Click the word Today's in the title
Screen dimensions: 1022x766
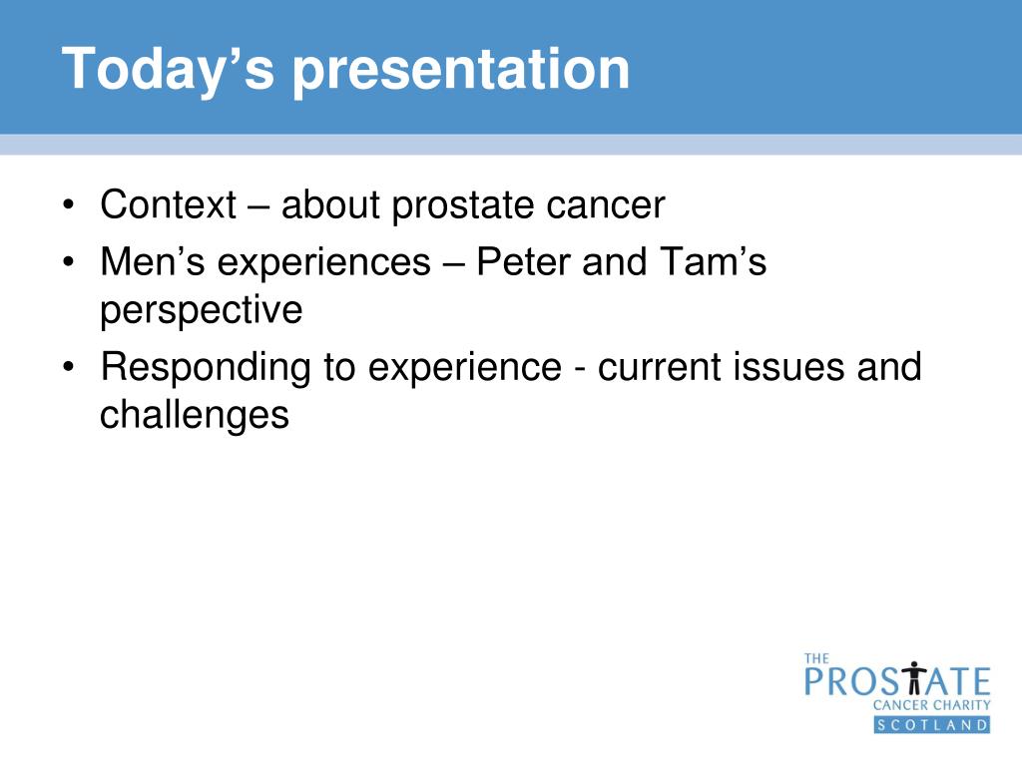(x=168, y=70)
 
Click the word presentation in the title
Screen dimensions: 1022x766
(x=461, y=70)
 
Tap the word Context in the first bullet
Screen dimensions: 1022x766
(x=168, y=204)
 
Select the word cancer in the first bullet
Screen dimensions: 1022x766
(x=606, y=205)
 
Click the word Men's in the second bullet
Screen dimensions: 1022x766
(x=153, y=262)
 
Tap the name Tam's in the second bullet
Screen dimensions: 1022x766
(x=713, y=262)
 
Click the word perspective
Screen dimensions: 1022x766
(x=201, y=311)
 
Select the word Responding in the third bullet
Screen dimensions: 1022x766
(x=206, y=368)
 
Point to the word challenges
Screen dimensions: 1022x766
(x=195, y=416)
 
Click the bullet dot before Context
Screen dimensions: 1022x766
(x=69, y=205)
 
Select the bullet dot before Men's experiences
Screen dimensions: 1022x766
(x=69, y=262)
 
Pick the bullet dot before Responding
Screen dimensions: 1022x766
(x=69, y=367)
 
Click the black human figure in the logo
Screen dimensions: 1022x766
(x=914, y=677)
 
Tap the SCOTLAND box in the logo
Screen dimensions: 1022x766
(x=932, y=725)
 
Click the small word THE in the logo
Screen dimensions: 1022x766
(x=816, y=658)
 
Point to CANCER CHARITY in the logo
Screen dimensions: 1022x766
(x=931, y=705)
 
